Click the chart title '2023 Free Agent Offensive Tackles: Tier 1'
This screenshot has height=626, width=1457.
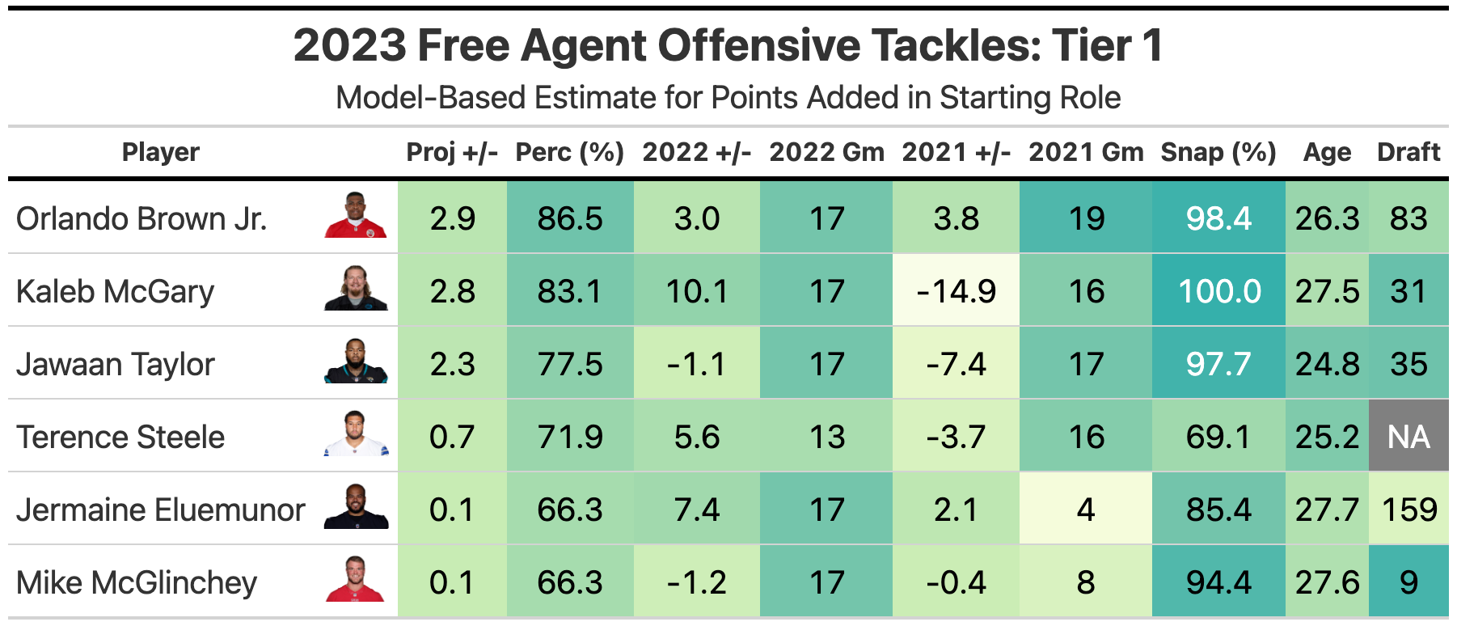coord(728,45)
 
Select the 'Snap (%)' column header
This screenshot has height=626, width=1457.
coord(1218,152)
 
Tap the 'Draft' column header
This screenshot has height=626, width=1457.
coord(1408,152)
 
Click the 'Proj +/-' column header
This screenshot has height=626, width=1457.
coord(452,152)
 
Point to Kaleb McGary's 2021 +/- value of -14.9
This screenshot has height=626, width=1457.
coord(956,291)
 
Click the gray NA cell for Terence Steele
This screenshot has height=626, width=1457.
coord(1408,437)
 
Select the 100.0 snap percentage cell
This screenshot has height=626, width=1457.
coord(1218,291)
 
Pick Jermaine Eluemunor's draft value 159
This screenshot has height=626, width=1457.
coord(1408,510)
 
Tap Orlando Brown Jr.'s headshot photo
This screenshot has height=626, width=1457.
coord(356,216)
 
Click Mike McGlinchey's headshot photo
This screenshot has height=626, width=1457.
coord(356,580)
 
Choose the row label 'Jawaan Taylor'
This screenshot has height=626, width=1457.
coord(116,364)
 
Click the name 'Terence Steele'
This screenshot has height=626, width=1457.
coord(120,437)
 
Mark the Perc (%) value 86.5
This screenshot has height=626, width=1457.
coord(570,218)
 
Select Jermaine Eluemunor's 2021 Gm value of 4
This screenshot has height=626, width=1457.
coord(1086,510)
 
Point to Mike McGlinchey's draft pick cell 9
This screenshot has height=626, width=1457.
coord(1408,582)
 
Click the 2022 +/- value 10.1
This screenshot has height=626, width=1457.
coord(696,291)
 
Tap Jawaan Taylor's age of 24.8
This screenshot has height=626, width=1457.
coord(1327,364)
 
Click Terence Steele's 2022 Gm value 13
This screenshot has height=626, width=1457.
coord(826,437)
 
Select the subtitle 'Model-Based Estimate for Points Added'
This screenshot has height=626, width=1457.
coord(728,98)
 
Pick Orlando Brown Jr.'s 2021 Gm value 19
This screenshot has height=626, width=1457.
coord(1086,218)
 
